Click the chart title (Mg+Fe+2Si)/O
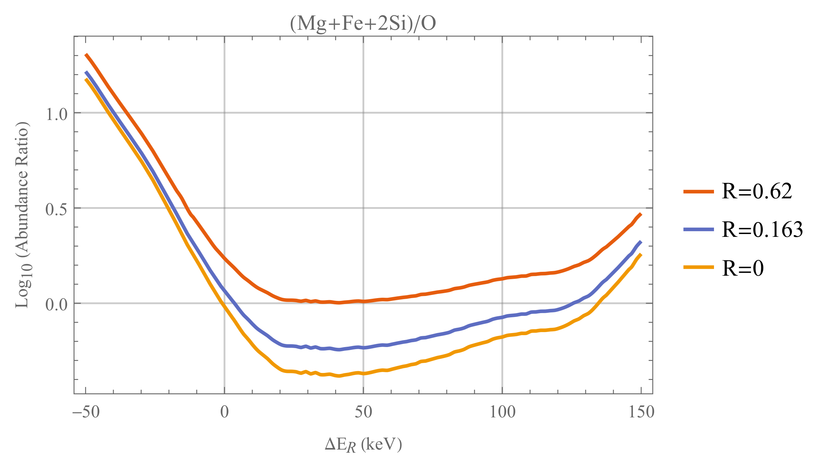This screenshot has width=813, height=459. pos(363,24)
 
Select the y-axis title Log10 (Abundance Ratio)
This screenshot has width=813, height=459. pos(22,215)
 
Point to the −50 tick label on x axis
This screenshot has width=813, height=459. pos(86,412)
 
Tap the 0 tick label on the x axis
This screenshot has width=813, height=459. pos(224,412)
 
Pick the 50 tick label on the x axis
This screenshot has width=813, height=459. pos(363,412)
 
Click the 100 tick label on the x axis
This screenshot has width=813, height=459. pos(502,412)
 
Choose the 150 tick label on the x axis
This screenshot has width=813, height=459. pos(641,412)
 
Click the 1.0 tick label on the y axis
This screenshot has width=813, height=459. pos(56,114)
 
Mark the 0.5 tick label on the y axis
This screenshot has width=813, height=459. pos(56,209)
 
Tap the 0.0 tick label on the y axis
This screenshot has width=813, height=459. pos(56,304)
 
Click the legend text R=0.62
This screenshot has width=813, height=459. pos(757,191)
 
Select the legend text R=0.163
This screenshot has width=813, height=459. pos(762,229)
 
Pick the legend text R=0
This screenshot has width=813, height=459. pos(742,268)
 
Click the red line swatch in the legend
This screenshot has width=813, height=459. pos(698,191)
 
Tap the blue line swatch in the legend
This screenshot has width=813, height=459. pos(698,229)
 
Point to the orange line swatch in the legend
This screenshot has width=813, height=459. pos(698,267)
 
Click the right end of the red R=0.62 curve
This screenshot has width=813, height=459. pos(641,214)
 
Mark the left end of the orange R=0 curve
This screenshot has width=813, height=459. pos(86,80)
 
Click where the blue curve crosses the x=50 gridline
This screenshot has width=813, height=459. pos(363,347)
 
